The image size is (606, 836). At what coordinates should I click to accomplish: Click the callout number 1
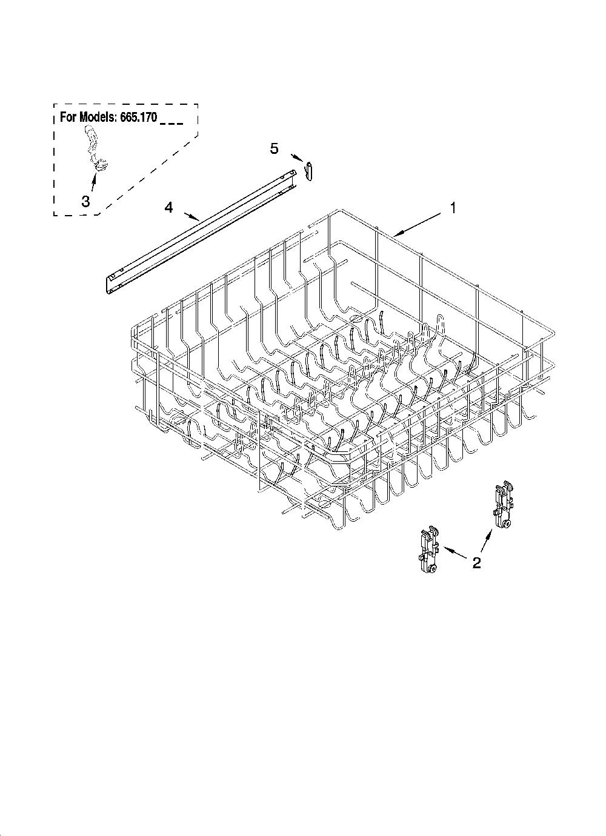[x=453, y=208]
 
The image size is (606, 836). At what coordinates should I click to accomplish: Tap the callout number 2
[x=477, y=563]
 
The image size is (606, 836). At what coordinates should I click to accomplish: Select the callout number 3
[x=85, y=202]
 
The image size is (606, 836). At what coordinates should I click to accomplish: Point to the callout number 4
[x=168, y=208]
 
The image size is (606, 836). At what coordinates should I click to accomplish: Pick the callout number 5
[x=274, y=148]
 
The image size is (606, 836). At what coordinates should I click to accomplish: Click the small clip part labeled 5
[x=308, y=170]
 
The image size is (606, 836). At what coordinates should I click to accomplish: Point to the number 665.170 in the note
[x=138, y=118]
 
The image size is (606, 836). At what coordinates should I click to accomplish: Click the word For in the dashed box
[x=67, y=118]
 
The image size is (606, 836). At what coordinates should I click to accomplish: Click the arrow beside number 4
[x=191, y=217]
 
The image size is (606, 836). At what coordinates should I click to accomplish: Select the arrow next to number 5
[x=296, y=158]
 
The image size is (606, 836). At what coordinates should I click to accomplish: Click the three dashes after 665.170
[x=171, y=124]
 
